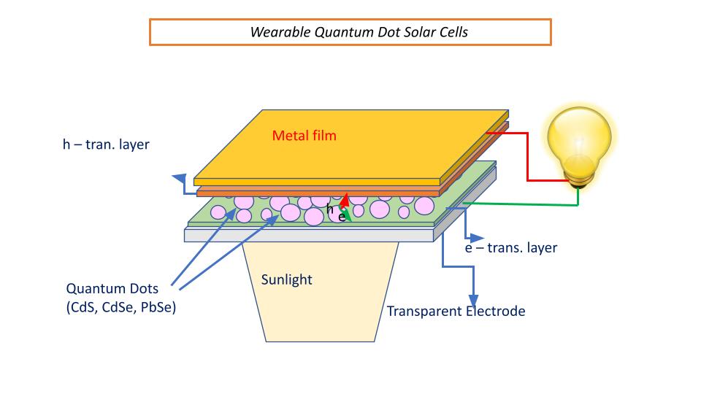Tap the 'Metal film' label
[304, 135]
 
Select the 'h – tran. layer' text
[106, 144]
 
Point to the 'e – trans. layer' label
[511, 248]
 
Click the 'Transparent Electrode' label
[456, 312]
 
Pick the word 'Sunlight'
[286, 279]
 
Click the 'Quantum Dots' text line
[107, 288]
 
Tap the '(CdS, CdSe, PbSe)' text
[121, 307]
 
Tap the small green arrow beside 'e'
[348, 215]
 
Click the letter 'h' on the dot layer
[330, 209]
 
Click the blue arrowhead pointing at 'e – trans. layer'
[478, 238]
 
